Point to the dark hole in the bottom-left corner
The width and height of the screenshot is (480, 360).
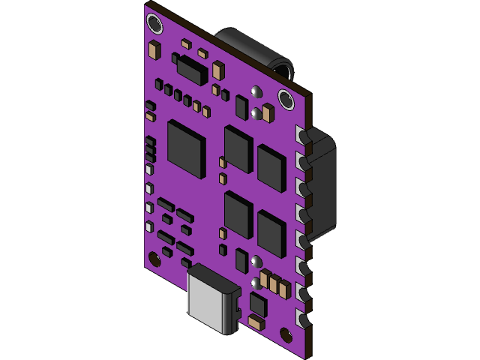point(154,259)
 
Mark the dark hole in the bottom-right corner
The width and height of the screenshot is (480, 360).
point(285,334)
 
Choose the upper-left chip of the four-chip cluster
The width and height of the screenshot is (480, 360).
point(238,148)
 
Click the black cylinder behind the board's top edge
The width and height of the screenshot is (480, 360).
point(251,49)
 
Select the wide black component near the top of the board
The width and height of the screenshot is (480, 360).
point(189,70)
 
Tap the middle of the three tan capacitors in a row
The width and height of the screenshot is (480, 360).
point(274,286)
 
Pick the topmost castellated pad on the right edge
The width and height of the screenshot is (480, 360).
point(303,135)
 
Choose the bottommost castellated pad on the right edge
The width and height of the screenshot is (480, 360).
point(304,319)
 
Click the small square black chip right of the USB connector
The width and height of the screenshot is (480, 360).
point(259,304)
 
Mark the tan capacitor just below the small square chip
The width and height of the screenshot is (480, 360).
point(255,323)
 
